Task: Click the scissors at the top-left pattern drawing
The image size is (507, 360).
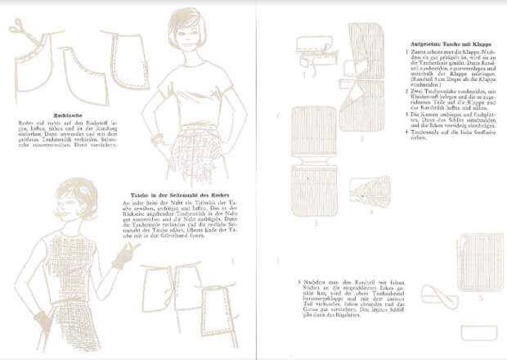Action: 18,29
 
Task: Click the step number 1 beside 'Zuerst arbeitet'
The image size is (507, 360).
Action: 406,51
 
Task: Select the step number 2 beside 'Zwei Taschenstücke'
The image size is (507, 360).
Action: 406,90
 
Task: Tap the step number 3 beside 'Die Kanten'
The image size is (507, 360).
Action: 406,115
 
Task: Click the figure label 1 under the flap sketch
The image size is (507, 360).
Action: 303,71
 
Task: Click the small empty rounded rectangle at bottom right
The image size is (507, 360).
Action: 477,332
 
